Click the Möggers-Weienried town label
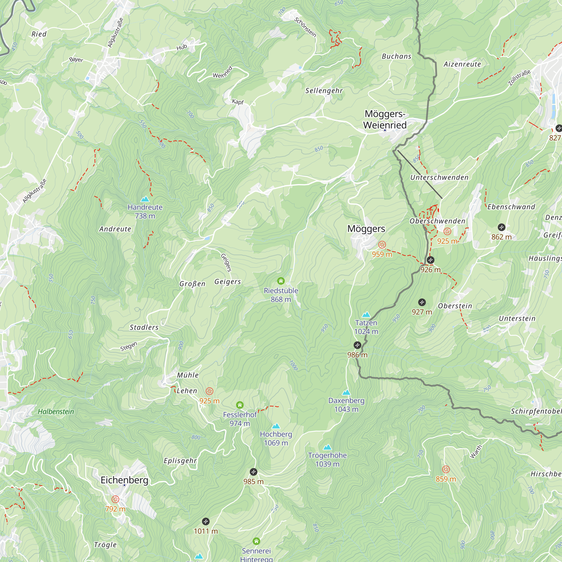point(385,119)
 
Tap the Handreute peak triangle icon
point(145,199)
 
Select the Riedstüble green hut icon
point(281,281)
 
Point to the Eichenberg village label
point(124,480)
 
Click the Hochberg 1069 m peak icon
point(276,427)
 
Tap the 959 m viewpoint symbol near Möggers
point(382,245)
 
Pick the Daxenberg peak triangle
point(346,393)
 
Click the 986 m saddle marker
point(357,345)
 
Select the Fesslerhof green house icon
point(240,405)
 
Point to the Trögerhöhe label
point(327,455)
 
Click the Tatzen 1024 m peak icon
point(366,315)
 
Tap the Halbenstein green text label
point(56,412)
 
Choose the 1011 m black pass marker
point(206,521)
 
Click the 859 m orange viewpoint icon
point(446,469)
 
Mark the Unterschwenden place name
point(439,177)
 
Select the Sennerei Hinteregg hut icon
point(256,541)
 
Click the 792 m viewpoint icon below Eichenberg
point(115,499)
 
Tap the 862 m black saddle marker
point(502,227)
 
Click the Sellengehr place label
point(324,91)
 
